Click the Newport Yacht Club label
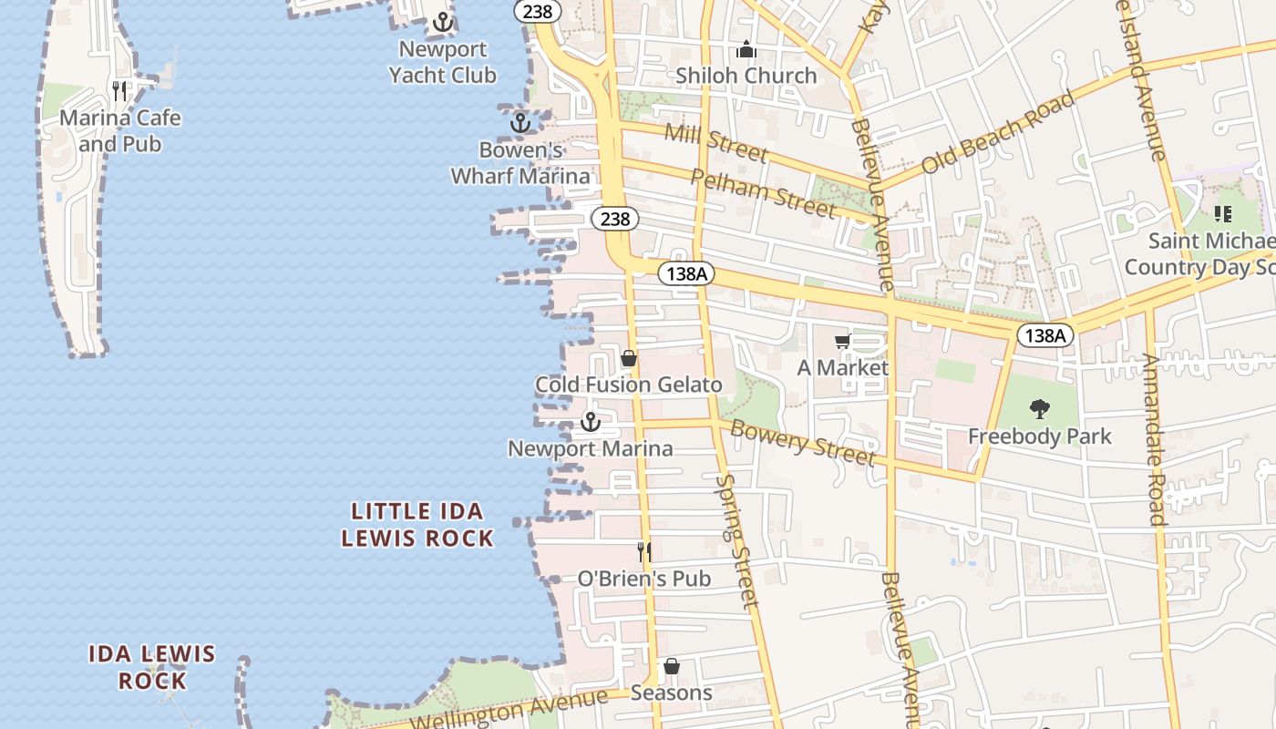pos(443,62)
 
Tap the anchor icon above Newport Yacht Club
pos(443,22)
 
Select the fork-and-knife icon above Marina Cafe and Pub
pos(119,90)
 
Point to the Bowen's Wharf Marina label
pos(520,163)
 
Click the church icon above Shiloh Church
pos(746,49)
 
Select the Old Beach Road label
pos(998,133)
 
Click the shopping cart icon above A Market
pos(843,342)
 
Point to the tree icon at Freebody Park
pos(1039,409)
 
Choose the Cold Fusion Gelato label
pos(628,385)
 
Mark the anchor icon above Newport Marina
pos(591,422)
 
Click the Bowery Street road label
pos(803,442)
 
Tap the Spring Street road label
pos(736,541)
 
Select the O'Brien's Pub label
pos(644,579)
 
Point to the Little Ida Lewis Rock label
pos(417,524)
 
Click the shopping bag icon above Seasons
pos(672,666)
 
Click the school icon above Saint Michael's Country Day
pos(1222,214)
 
